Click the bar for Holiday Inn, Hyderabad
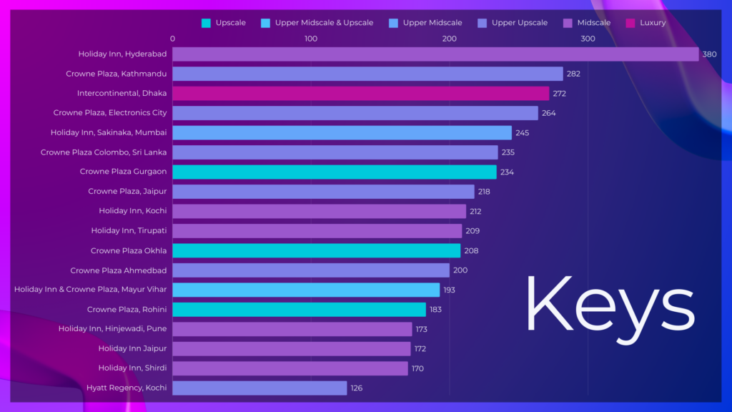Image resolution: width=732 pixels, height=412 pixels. pos(435,54)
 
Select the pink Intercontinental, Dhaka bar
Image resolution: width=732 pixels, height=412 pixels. pos(360,94)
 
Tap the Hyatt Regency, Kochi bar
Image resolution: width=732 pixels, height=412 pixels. pos(259,388)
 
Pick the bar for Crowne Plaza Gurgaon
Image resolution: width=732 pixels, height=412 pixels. pos(334,172)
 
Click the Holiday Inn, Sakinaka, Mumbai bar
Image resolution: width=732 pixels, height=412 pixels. pos(342,133)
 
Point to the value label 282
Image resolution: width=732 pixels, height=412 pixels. pos(573,74)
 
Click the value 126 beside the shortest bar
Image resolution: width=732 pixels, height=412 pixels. pos(357,388)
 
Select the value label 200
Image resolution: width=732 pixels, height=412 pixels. pos(460,270)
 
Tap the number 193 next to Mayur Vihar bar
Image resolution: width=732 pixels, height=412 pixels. pos(450,290)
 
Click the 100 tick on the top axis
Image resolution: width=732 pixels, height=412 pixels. pos(311,39)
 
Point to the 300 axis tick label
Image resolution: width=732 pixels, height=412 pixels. pos(588,39)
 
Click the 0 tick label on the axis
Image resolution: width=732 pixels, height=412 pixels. pos(173,39)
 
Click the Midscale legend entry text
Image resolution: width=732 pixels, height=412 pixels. pos(594,23)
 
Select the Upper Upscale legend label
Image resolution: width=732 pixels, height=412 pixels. pos(519,23)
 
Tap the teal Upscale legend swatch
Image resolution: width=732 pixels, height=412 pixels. pos(206,23)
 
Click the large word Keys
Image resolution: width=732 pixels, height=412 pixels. pos(610,305)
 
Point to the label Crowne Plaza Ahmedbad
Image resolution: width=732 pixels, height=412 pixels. pos(118,270)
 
